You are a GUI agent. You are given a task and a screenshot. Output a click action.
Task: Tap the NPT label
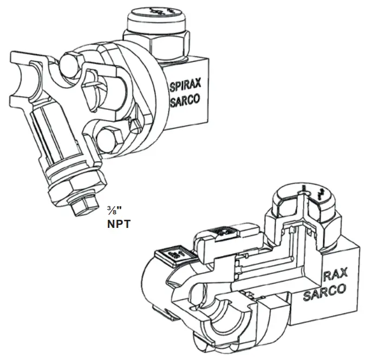coord(119,224)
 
